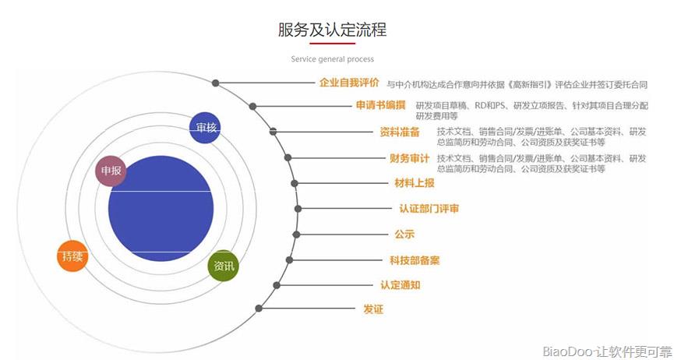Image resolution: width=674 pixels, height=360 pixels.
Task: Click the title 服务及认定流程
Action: pyautogui.click(x=332, y=30)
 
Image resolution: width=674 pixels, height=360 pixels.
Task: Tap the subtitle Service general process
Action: pyautogui.click(x=332, y=59)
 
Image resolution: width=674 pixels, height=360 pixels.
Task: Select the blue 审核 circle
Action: pyautogui.click(x=205, y=127)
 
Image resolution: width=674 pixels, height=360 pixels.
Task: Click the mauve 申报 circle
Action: pyautogui.click(x=111, y=171)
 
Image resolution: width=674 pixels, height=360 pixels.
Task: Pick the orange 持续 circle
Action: pyautogui.click(x=72, y=256)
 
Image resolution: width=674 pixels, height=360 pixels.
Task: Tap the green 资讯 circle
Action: pyautogui.click(x=224, y=266)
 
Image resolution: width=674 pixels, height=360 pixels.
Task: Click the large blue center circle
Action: pyautogui.click(x=161, y=209)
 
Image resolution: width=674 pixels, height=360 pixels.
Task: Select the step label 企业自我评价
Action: pyautogui.click(x=349, y=83)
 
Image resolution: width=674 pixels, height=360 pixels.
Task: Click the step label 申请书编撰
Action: pyautogui.click(x=380, y=105)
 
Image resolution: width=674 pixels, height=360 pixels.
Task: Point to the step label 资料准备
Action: pyautogui.click(x=399, y=132)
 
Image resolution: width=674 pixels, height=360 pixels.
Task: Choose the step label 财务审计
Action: pyautogui.click(x=409, y=158)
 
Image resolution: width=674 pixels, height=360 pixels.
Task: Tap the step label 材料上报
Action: pyautogui.click(x=415, y=183)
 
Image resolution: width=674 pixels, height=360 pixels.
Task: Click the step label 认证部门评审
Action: pyautogui.click(x=429, y=209)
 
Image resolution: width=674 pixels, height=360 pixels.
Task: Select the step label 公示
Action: pyautogui.click(x=404, y=235)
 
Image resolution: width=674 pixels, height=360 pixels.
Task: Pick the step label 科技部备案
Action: pyautogui.click(x=415, y=260)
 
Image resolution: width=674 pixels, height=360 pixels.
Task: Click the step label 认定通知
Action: pyautogui.click(x=401, y=284)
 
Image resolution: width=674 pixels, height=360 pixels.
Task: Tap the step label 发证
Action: pyautogui.click(x=373, y=309)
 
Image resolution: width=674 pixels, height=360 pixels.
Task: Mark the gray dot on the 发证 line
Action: pyautogui.click(x=259, y=308)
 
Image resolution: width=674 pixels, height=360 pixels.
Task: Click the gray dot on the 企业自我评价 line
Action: pyautogui.click(x=215, y=83)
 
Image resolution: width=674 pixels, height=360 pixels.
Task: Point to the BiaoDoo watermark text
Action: pyautogui.click(x=607, y=351)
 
